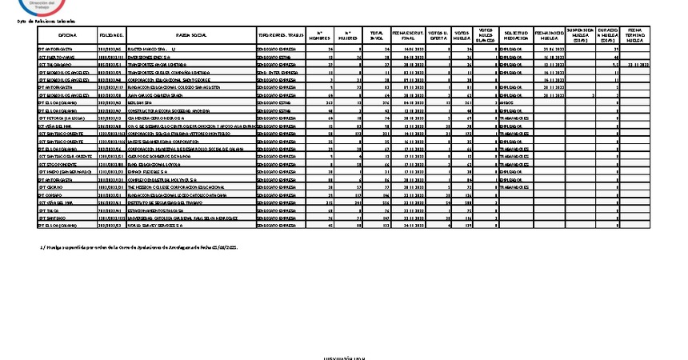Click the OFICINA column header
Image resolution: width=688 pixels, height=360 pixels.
pos(67,36)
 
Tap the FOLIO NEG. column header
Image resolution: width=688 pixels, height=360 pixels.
pos(111,36)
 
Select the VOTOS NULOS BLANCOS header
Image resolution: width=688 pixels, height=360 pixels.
pos(486,36)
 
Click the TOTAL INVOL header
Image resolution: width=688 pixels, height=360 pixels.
pos(376,36)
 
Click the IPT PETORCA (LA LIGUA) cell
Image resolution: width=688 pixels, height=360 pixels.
pos(61,118)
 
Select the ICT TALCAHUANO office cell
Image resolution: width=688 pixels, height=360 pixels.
pos(55,65)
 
